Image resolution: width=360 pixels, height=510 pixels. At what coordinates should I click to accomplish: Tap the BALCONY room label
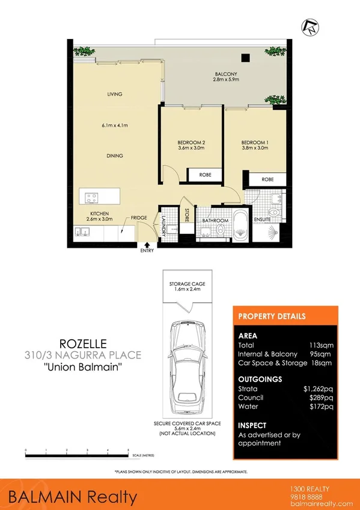[227, 75]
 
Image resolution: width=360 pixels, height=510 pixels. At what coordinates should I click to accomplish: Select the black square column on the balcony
[245, 58]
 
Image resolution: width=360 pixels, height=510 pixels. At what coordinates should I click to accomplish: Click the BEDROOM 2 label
[191, 143]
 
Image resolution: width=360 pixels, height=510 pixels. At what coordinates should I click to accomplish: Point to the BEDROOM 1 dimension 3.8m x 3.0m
[254, 148]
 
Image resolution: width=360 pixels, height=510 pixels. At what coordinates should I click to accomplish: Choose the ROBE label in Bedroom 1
[268, 179]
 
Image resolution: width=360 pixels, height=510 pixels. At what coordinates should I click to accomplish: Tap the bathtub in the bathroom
[240, 223]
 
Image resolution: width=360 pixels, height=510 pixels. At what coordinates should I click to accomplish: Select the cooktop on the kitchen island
[92, 196]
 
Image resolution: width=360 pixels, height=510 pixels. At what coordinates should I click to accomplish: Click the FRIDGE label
[140, 220]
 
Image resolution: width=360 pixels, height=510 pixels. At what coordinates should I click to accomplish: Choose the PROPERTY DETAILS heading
[272, 316]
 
